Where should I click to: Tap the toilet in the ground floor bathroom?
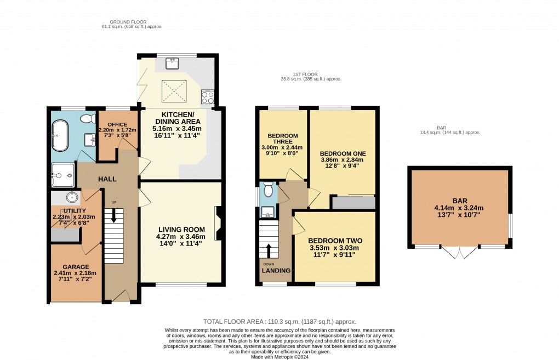click(x=86, y=118)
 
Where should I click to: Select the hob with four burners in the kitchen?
click(x=208, y=97)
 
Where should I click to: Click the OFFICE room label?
click(x=117, y=124)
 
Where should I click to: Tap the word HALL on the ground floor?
click(x=107, y=179)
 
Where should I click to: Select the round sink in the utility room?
click(x=72, y=197)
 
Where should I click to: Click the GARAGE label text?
click(x=75, y=267)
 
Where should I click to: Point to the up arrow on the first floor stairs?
click(x=269, y=249)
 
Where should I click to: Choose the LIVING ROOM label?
click(x=181, y=229)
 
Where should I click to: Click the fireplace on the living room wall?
click(x=218, y=223)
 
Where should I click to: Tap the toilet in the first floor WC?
click(x=268, y=189)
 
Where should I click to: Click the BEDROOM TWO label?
click(x=335, y=241)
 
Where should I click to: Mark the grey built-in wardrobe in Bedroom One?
click(x=353, y=203)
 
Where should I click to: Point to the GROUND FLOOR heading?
click(x=117, y=22)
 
